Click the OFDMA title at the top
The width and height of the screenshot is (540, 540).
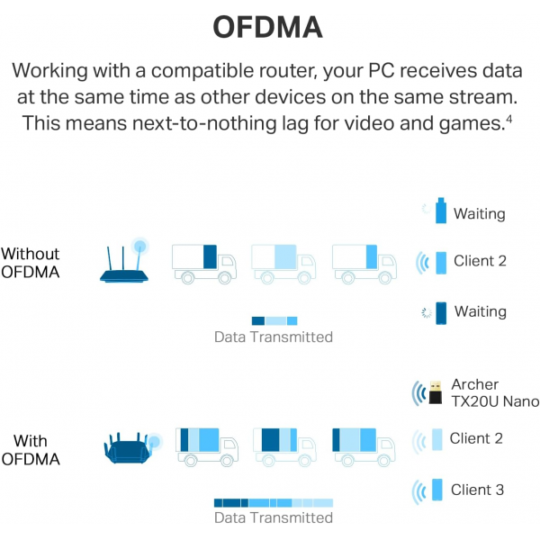268,27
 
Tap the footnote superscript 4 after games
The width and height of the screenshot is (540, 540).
509,120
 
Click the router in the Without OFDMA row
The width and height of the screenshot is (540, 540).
124,260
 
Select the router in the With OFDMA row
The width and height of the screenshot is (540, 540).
132,447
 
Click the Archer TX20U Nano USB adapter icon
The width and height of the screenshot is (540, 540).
436,392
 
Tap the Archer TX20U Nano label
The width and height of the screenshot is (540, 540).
495,393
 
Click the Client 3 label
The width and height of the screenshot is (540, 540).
477,490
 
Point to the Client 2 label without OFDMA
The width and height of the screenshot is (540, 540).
480,261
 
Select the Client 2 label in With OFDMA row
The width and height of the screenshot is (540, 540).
476,438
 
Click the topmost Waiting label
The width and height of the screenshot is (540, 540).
480,214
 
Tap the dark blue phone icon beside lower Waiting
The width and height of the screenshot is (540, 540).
441,313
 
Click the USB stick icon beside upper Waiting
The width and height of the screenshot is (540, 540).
441,211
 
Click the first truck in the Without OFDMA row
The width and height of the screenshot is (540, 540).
204,264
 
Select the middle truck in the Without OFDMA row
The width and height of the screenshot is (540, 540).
283,264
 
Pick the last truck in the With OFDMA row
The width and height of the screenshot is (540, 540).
364,447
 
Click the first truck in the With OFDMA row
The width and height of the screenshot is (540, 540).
207,447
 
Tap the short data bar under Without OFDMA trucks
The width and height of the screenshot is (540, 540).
274,321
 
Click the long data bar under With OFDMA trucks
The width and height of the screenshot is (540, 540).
274,503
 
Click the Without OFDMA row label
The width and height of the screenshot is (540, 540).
31,263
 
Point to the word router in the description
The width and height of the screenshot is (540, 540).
288,70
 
